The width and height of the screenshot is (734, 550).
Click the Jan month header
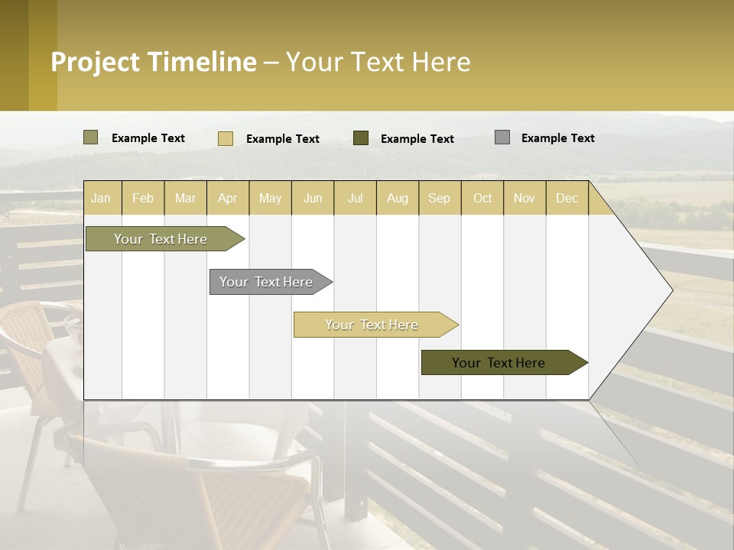click(x=101, y=198)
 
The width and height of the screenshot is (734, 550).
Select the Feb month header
click(x=143, y=198)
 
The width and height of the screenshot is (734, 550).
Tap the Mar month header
click(x=185, y=198)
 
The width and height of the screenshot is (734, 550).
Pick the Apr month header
click(x=228, y=198)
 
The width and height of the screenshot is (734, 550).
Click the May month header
click(x=270, y=198)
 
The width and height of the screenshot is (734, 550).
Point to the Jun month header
click(x=313, y=198)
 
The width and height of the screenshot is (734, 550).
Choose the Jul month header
click(x=355, y=198)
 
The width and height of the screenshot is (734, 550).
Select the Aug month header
click(x=398, y=198)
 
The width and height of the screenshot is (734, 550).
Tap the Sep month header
click(x=440, y=198)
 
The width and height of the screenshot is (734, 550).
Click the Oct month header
click(x=482, y=198)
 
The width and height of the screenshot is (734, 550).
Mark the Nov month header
click(x=525, y=198)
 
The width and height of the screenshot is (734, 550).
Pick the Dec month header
click(x=567, y=198)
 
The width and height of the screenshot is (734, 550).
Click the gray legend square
click(x=502, y=137)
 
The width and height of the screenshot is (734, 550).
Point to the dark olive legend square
click(x=361, y=137)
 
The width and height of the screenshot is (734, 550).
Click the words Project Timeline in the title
click(x=154, y=62)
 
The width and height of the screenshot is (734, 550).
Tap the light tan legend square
click(x=226, y=138)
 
